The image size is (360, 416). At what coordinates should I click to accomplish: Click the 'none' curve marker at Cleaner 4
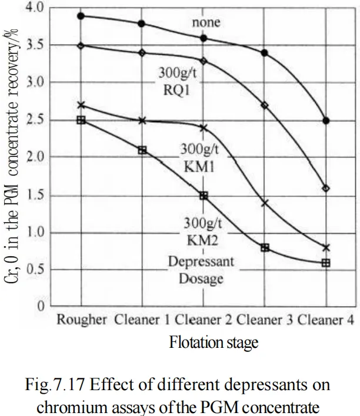coord(326,120)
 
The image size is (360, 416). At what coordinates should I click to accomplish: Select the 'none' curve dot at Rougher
coord(81,15)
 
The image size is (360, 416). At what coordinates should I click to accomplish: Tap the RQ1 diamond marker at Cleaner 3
coord(265,105)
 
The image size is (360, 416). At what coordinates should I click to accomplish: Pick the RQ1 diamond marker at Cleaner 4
coord(326,189)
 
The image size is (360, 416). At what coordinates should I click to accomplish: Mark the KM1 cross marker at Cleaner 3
coord(265,203)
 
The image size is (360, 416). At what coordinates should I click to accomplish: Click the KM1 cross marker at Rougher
coord(81,105)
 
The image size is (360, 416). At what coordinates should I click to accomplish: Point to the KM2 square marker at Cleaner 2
coord(204,196)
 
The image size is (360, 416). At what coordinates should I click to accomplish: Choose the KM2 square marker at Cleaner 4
coord(326,263)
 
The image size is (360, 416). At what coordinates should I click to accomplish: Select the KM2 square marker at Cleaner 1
coord(142,150)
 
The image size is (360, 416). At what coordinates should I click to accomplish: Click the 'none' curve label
coord(205,22)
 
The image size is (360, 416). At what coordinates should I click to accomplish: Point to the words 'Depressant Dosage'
coord(196,270)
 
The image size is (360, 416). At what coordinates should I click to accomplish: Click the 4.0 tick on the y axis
coord(36,8)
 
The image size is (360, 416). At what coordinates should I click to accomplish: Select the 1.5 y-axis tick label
coord(36,196)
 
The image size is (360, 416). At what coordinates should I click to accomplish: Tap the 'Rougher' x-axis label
coord(82,320)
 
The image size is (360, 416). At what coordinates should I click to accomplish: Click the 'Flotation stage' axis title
coord(214,343)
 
